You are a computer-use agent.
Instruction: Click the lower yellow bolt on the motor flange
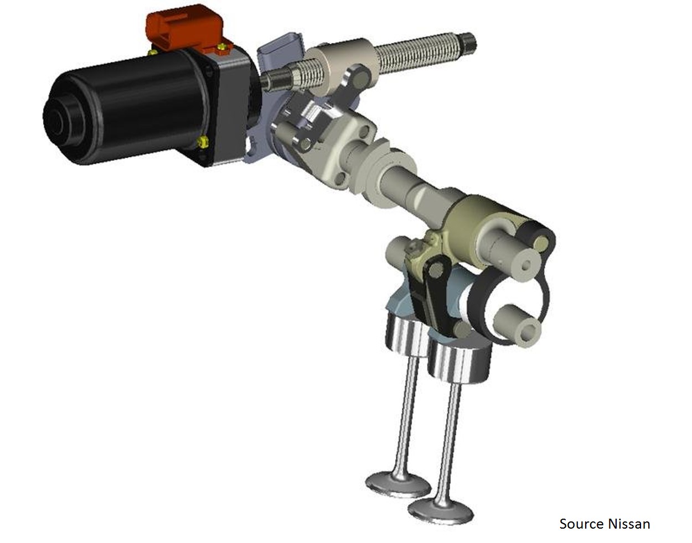pos(203,142)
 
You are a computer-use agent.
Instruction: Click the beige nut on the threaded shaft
pos(342,65)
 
